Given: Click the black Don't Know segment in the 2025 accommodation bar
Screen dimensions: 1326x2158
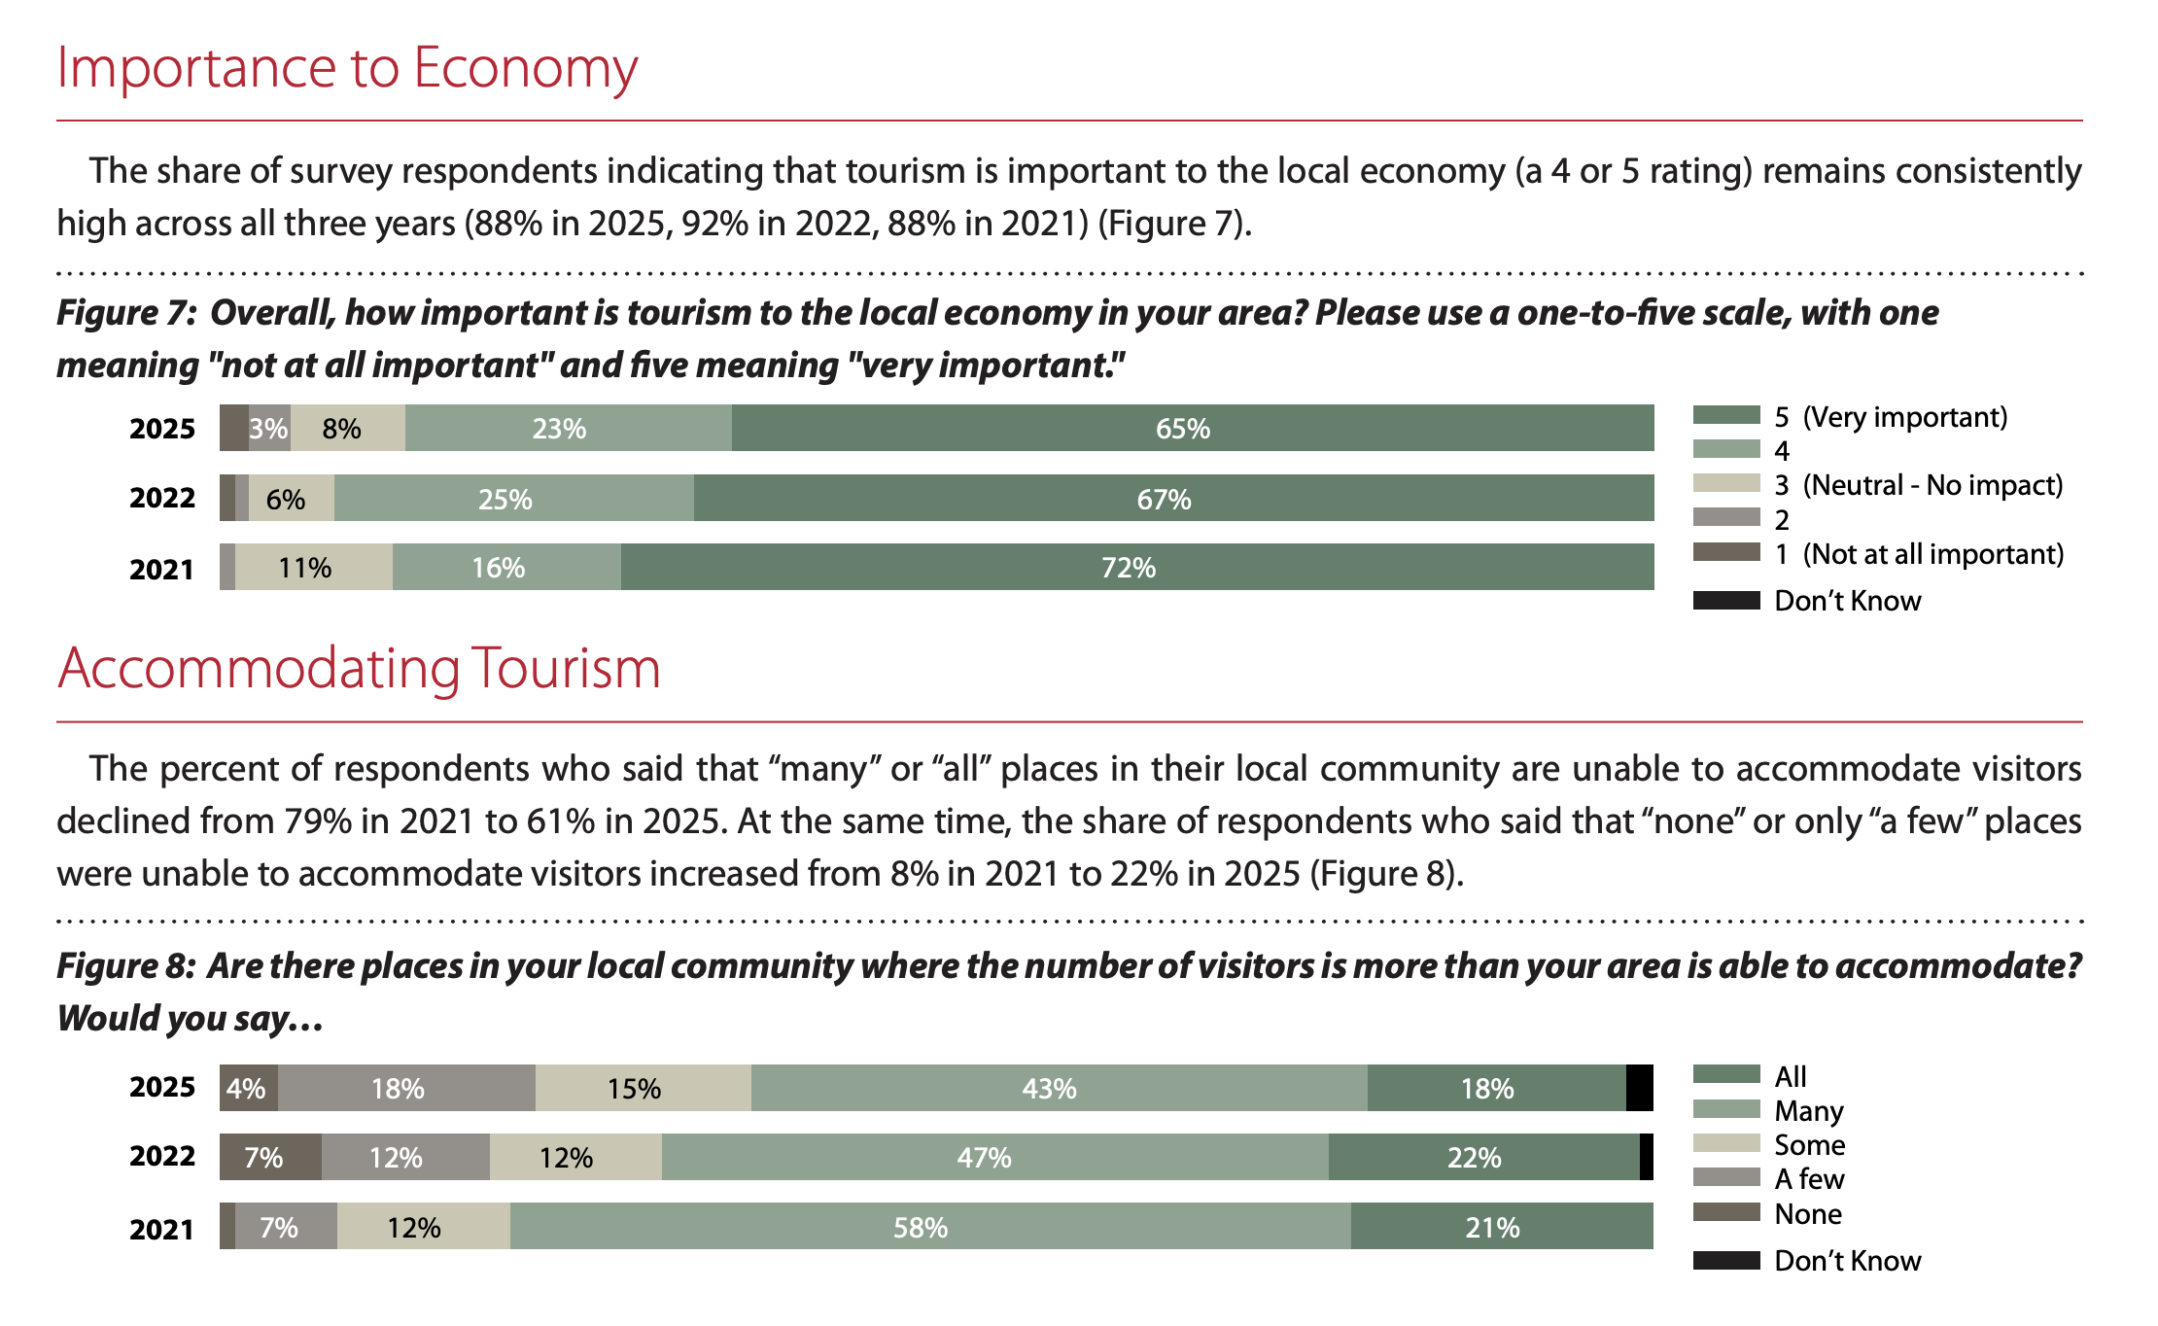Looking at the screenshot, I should [x=1639, y=1088].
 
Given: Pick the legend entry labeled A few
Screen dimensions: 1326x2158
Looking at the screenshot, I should [x=1807, y=1179].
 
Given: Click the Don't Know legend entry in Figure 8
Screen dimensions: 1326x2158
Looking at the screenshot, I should [x=1846, y=1261].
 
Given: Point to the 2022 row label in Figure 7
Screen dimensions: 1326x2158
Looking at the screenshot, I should [x=162, y=499].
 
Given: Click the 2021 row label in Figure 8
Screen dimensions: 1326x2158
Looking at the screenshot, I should [x=162, y=1230].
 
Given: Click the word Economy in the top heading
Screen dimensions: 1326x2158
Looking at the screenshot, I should [x=525, y=70].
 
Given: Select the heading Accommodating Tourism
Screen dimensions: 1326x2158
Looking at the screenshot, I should [x=359, y=669].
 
